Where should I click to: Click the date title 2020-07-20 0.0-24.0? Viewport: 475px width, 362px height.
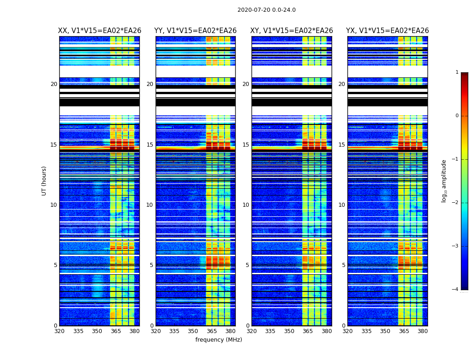(x=266, y=10)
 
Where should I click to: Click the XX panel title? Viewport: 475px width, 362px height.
(x=100, y=31)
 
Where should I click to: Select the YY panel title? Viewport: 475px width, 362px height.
(x=195, y=31)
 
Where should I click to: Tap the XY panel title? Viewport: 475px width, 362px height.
(x=292, y=31)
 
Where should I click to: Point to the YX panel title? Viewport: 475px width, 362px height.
(x=387, y=31)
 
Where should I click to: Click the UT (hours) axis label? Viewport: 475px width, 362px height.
(x=44, y=181)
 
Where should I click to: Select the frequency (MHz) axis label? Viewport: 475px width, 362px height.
(x=218, y=340)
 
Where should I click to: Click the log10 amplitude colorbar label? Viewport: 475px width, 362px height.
(x=444, y=181)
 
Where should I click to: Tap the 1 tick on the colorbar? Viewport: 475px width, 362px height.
(x=456, y=72)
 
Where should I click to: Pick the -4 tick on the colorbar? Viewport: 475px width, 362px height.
(x=456, y=290)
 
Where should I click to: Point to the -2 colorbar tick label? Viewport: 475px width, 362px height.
(x=456, y=203)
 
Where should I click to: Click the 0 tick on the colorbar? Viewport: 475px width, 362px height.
(x=456, y=116)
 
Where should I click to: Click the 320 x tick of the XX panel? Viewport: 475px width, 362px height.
(x=60, y=331)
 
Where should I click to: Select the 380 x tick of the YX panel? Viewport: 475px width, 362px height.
(x=423, y=331)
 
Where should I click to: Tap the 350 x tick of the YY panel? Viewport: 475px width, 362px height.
(x=193, y=331)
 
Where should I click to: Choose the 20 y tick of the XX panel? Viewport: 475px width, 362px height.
(x=54, y=84)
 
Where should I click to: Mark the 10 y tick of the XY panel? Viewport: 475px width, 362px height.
(x=246, y=205)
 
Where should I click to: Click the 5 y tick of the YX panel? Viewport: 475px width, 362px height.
(x=343, y=265)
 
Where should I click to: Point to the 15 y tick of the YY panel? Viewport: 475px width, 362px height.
(x=150, y=145)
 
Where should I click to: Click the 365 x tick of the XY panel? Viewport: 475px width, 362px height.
(x=308, y=331)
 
